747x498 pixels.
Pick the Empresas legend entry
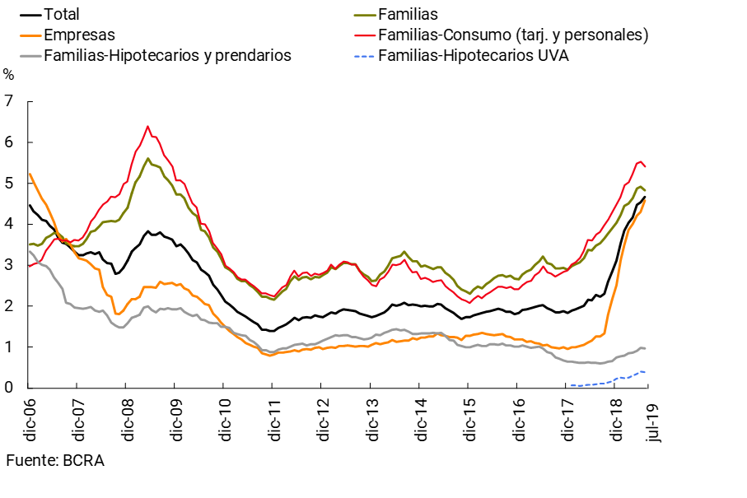click(79, 35)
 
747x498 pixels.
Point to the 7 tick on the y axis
click(9, 101)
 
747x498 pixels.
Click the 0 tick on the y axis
click(9, 388)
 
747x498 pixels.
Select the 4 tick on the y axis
click(9, 224)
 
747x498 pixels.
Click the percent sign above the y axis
click(9, 75)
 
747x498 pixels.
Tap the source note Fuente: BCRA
click(55, 461)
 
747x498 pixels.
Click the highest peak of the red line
click(147, 126)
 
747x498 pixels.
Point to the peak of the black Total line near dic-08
click(147, 231)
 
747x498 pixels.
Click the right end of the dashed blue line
click(645, 372)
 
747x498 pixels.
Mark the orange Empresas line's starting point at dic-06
click(29, 173)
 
